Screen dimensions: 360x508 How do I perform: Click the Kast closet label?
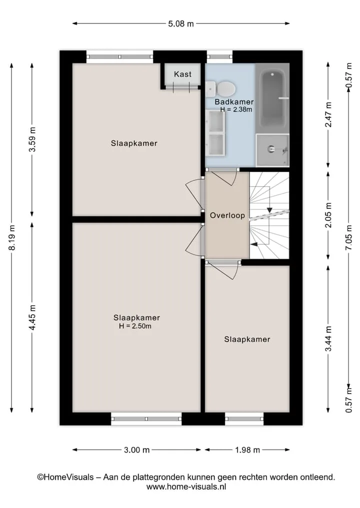[182, 74]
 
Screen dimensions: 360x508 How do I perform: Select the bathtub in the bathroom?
[273, 99]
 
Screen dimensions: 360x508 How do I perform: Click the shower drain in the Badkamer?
[271, 149]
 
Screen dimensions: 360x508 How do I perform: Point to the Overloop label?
[227, 215]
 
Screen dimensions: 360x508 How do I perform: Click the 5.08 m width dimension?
[181, 23]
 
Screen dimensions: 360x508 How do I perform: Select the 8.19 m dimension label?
[12, 237]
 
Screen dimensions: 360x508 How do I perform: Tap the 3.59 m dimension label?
[32, 139]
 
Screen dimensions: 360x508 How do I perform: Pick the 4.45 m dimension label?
[32, 318]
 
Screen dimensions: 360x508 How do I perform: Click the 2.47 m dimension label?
[328, 115]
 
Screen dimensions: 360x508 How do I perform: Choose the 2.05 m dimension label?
[328, 215]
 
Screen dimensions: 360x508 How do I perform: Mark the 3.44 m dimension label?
[328, 339]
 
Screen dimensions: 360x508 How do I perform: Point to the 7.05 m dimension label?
[348, 237]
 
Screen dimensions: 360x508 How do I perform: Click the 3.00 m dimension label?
[136, 450]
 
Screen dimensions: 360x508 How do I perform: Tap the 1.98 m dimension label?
[247, 450]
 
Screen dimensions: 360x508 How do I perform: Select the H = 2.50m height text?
[135, 326]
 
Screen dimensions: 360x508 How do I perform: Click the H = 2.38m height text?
[236, 109]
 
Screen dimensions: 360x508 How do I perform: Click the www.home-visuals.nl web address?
[186, 487]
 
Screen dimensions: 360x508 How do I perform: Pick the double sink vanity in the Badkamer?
[215, 133]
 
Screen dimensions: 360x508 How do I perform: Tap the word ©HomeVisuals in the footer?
[65, 477]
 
